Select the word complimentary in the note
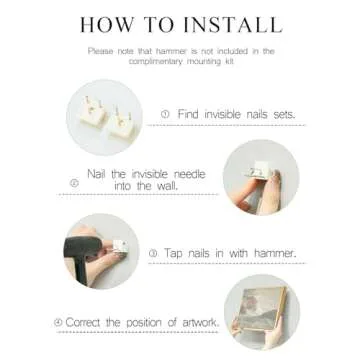click(156, 62)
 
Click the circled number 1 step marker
click(165, 114)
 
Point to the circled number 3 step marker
click(153, 253)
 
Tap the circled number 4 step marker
click(58, 323)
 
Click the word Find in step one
click(188, 114)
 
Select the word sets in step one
click(284, 114)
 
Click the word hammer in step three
click(275, 253)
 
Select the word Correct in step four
click(82, 322)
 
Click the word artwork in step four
click(200, 323)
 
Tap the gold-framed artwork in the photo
click(263, 308)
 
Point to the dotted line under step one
click(226, 125)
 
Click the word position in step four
click(144, 323)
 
